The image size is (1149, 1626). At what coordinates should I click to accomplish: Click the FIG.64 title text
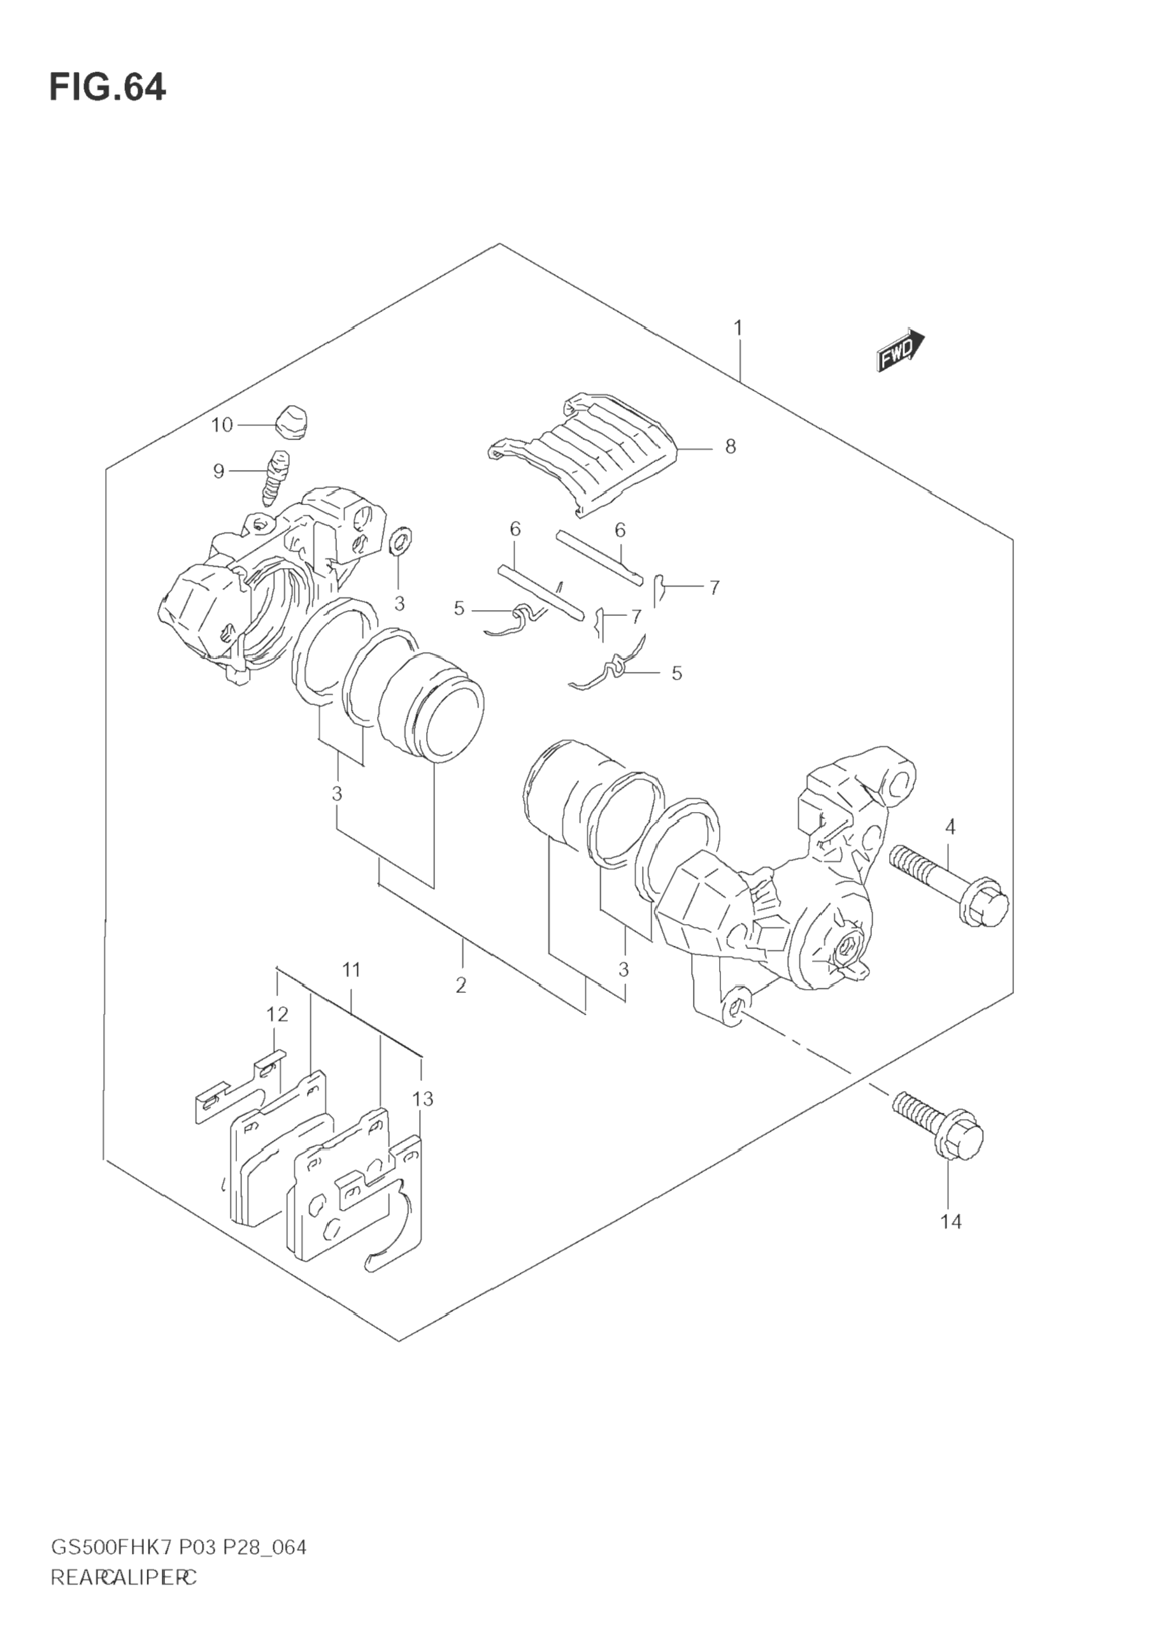(x=108, y=89)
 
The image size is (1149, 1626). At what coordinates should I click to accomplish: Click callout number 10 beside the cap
(x=222, y=425)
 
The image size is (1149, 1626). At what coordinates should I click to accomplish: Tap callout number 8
(x=731, y=447)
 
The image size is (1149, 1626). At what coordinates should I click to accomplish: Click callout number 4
(x=949, y=827)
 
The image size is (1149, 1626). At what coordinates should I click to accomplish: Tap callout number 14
(x=951, y=1222)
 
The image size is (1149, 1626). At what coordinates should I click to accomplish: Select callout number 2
(x=461, y=985)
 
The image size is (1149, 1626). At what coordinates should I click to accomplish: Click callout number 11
(x=352, y=969)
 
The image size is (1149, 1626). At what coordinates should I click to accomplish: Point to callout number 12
(x=278, y=1015)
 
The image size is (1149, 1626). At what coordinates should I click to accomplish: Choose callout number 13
(x=422, y=1099)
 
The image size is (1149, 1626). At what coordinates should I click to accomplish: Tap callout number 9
(x=219, y=471)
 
